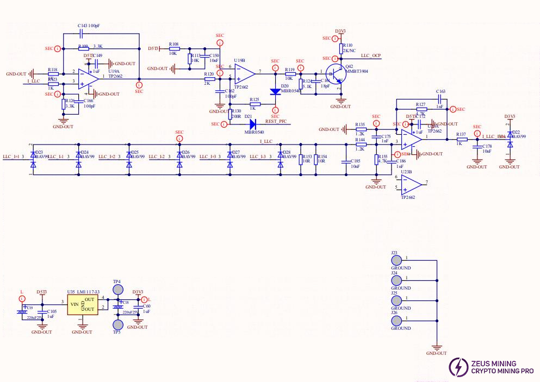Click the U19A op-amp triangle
click(x=85, y=78)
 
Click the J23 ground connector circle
click(x=398, y=260)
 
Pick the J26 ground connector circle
click(x=398, y=321)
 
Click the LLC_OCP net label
click(x=370, y=56)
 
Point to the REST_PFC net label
click(x=276, y=121)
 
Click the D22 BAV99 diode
click(x=510, y=140)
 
